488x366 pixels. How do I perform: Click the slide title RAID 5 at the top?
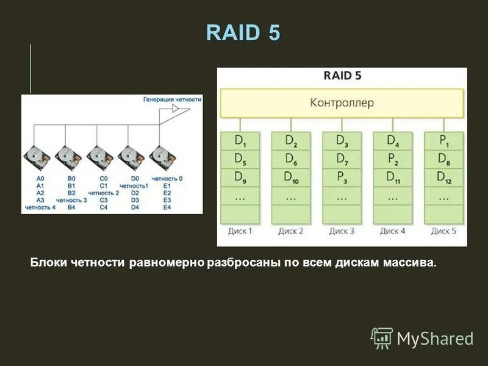click(243, 32)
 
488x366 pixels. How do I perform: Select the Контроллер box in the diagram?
click(342, 103)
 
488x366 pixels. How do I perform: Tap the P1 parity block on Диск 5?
click(443, 141)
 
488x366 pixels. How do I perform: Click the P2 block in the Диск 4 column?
click(392, 159)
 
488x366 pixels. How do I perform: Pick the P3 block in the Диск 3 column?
click(342, 178)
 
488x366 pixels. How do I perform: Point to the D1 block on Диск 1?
click(240, 141)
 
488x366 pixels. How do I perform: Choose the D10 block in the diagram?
click(291, 178)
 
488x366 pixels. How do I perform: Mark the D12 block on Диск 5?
click(443, 178)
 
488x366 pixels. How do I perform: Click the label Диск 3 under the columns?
click(342, 231)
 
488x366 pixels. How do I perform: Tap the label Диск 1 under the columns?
click(240, 231)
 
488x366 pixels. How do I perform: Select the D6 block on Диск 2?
click(291, 159)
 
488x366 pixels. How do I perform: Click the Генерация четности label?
click(172, 98)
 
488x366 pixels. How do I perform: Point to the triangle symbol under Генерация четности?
click(176, 109)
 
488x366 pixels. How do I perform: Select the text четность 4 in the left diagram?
click(40, 207)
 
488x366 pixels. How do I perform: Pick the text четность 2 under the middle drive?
click(104, 193)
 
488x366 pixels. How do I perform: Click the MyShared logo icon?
click(382, 337)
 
